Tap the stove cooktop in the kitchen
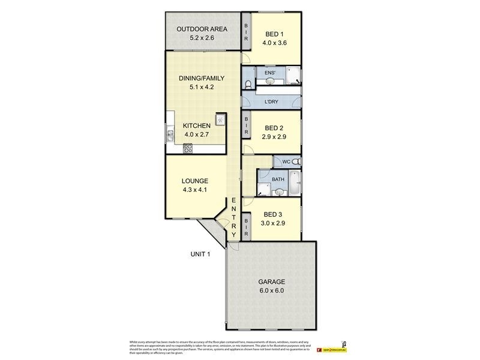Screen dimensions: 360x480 pyautogui.click(x=188, y=148)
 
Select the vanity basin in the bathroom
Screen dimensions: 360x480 pyautogui.click(x=278, y=192)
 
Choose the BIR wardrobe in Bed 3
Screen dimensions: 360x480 pyautogui.click(x=246, y=229)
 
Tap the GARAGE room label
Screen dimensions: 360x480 pyautogui.click(x=272, y=281)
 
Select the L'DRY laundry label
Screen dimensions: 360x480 pyautogui.click(x=272, y=103)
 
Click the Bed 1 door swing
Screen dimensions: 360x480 pyautogui.click(x=247, y=58)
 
